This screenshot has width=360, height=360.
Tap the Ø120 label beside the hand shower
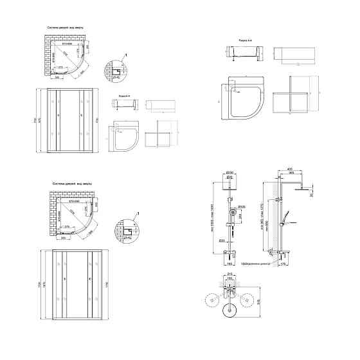[x=242, y=207]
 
